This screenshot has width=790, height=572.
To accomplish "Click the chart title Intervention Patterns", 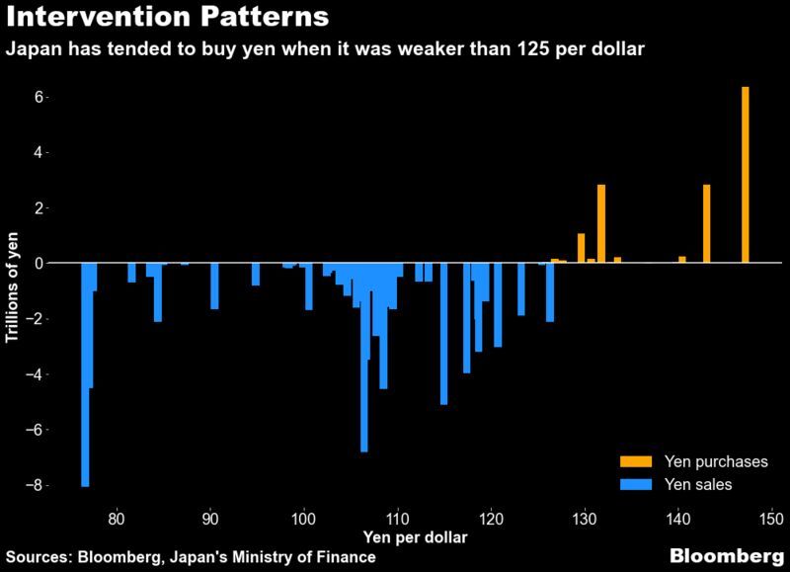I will pos(157,20).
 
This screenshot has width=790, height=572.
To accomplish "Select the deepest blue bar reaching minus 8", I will pos(85,375).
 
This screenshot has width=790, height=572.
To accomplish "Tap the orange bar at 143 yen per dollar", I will pos(707,223).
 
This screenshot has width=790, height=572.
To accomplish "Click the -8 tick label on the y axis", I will pos(37,486).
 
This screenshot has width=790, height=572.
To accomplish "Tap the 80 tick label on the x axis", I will pos(117,516).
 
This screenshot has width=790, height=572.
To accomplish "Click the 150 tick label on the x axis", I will pos(771,516).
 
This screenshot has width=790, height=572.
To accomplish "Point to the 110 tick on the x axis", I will pos(397,516).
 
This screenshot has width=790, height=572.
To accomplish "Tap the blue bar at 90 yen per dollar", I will pos(214,286).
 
